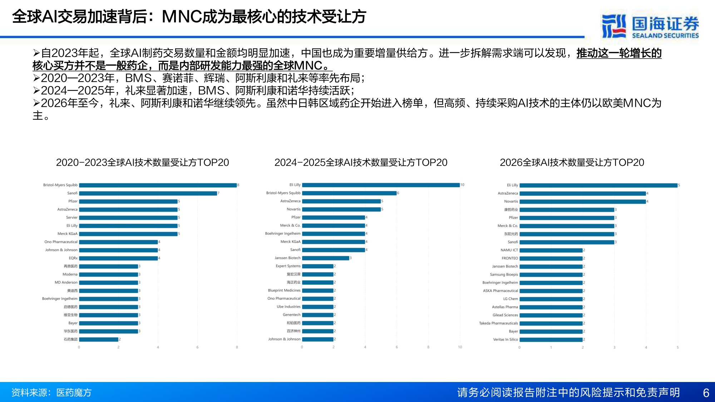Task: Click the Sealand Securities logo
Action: point(650,26)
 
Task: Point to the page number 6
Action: point(706,393)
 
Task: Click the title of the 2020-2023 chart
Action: point(142,163)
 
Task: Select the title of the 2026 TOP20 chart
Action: point(572,163)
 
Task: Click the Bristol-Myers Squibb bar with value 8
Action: point(158,185)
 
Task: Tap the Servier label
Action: point(71,218)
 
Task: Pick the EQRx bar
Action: point(118,258)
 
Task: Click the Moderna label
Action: point(70,274)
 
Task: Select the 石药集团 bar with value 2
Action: point(99,339)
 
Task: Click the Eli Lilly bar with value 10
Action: point(381,185)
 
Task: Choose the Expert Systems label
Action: point(288,266)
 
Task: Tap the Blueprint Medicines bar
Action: point(318,291)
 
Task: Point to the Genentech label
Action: point(292,315)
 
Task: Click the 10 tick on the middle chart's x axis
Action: point(460,347)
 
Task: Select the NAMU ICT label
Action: point(509,250)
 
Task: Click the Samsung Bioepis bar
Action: point(551,274)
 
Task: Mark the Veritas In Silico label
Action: point(506,339)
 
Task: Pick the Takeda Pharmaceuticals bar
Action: point(551,323)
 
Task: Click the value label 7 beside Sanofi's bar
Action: point(218,193)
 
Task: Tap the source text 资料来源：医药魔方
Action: point(51,393)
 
